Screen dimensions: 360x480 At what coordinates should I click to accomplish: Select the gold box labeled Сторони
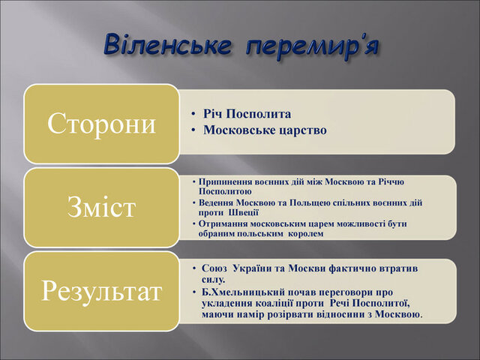click(x=102, y=123)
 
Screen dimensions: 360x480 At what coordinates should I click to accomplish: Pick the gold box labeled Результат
click(x=102, y=290)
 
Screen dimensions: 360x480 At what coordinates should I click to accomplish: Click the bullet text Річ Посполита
click(x=247, y=114)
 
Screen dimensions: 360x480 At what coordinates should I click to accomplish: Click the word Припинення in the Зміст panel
click(x=226, y=182)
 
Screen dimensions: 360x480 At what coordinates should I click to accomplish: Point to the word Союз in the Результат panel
click(x=216, y=268)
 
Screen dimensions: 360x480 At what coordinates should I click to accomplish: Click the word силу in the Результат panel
click(x=213, y=279)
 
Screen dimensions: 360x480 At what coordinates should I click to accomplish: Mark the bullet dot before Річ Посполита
click(x=193, y=114)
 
